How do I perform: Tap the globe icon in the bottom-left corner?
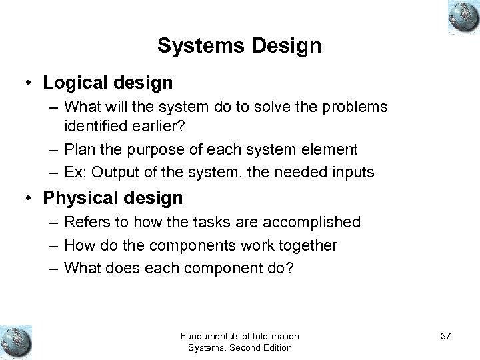pos(16,340)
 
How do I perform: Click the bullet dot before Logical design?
pos(29,83)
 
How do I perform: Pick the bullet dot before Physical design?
pos(29,199)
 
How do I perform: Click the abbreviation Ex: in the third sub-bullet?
pos(75,172)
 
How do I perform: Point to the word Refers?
pos(87,222)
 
